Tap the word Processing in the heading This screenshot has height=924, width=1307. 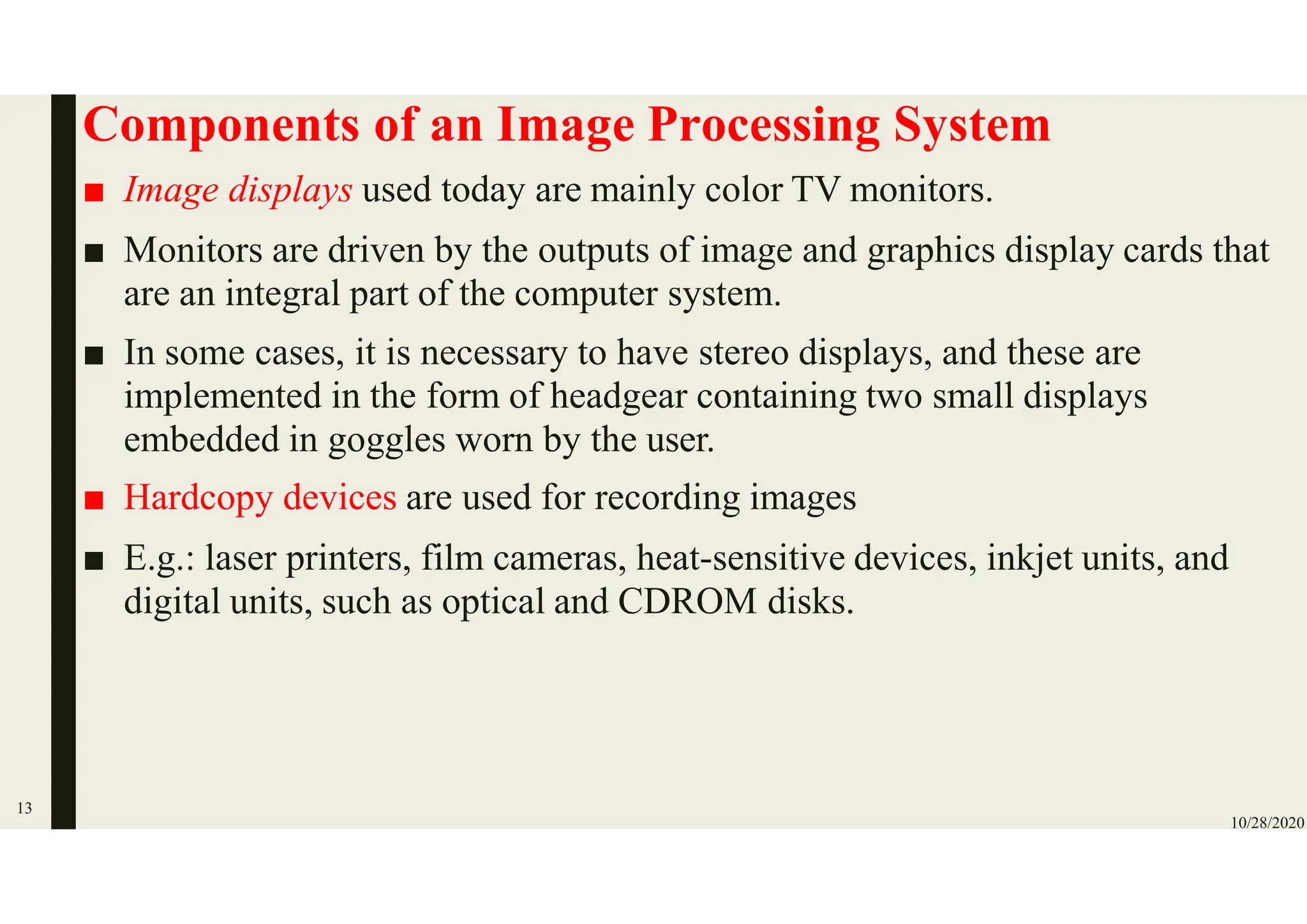pyautogui.click(x=763, y=126)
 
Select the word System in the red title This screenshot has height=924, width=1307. pyautogui.click(x=971, y=126)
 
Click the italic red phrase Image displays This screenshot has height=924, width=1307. pyautogui.click(x=237, y=190)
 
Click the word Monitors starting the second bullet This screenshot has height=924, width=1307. pyautogui.click(x=193, y=250)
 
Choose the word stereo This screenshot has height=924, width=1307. pyautogui.click(x=743, y=353)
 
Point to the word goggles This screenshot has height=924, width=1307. pyautogui.click(x=386, y=440)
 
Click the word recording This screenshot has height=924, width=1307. pyautogui.click(x=667, y=497)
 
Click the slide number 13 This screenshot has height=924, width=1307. pyautogui.click(x=24, y=808)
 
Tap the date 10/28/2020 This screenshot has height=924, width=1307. pyautogui.click(x=1267, y=823)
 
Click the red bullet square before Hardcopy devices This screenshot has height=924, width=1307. pyautogui.click(x=94, y=500)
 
